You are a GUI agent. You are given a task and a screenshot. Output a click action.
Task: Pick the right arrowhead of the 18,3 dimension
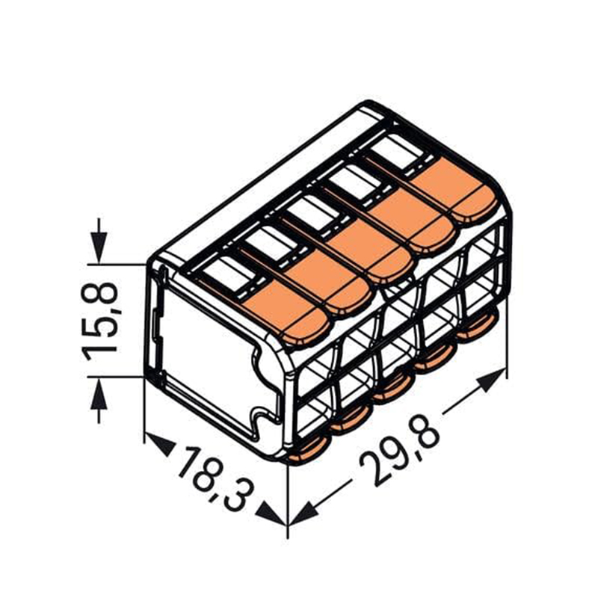coord(271,514)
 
